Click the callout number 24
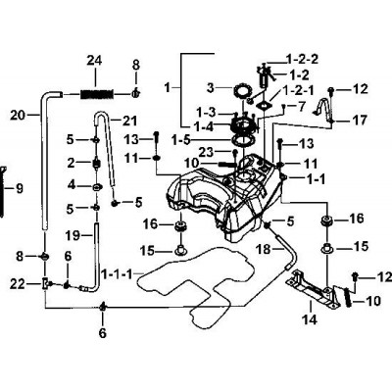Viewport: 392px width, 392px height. pos(94,61)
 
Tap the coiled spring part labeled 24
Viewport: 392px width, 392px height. pos(97,94)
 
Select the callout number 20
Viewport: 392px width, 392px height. pos(18,115)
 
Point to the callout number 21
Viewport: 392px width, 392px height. pos(121,122)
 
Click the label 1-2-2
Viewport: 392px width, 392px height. pos(302,60)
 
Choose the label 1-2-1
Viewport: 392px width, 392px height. pos(298,89)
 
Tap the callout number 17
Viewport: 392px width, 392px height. pos(360,121)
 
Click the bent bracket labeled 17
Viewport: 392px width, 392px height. pos(323,108)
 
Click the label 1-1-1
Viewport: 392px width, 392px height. pos(117,273)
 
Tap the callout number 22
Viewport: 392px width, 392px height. pos(18,284)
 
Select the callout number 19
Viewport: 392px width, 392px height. pos(73,235)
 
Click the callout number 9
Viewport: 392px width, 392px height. pos(20,188)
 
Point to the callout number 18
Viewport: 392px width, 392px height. pos(264,249)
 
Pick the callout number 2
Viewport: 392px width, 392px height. pos(72,163)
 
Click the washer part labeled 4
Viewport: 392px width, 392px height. pos(97,187)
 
